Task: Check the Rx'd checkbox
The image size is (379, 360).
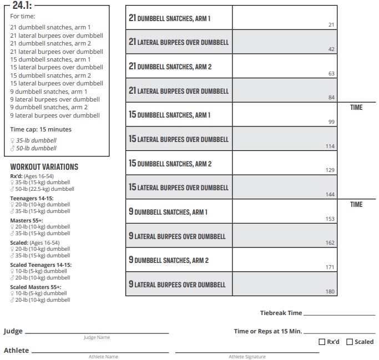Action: click(322, 342)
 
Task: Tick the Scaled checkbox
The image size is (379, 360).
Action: click(350, 342)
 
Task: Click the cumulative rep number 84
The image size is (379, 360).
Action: click(331, 98)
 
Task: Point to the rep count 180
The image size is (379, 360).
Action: click(330, 291)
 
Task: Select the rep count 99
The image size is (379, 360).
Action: click(331, 121)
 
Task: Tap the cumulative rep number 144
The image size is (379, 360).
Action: click(330, 194)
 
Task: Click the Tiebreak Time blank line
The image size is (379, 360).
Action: click(340, 315)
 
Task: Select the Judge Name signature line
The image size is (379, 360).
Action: click(97, 332)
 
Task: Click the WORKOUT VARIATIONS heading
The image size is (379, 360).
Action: click(44, 167)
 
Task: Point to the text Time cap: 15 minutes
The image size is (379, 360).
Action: click(41, 129)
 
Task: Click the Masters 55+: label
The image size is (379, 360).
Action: click(27, 220)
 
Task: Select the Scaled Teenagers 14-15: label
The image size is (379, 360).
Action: click(41, 265)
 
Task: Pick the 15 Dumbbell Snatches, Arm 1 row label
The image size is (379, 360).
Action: click(170, 115)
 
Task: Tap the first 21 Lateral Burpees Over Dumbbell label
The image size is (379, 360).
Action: click(179, 42)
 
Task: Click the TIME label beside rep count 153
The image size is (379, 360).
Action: click(356, 205)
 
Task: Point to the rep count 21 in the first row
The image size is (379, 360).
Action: click(331, 25)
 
